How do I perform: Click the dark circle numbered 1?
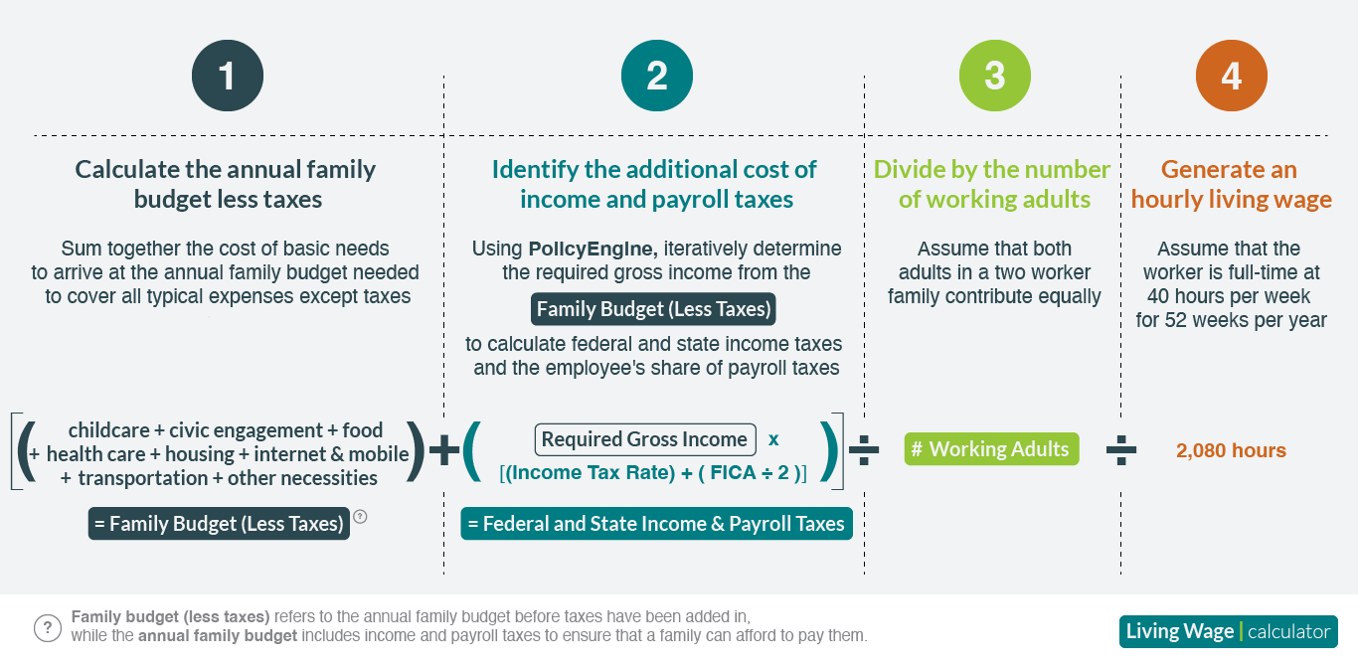[x=228, y=76]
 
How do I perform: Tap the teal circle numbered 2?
[x=656, y=76]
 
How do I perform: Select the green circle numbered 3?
[x=995, y=76]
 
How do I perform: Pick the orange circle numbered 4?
[x=1232, y=76]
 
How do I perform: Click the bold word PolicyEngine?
[x=593, y=249]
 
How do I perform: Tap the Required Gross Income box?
[x=645, y=439]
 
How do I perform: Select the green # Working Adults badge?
[x=991, y=449]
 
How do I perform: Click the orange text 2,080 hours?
[x=1231, y=450]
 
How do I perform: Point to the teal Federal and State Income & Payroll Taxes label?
[x=656, y=524]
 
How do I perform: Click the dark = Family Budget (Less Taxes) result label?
[x=219, y=524]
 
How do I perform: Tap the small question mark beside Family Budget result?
[x=360, y=517]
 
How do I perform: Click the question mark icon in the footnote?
[x=48, y=628]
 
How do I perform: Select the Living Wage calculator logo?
[x=1228, y=631]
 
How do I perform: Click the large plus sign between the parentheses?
[x=444, y=450]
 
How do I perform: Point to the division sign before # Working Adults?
[x=864, y=450]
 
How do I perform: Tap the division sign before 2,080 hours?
[x=1121, y=450]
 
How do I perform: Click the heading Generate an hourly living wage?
[x=1231, y=184]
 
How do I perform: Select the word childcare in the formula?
[x=108, y=430]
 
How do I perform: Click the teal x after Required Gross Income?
[x=773, y=439]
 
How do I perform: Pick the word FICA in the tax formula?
[x=732, y=472]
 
